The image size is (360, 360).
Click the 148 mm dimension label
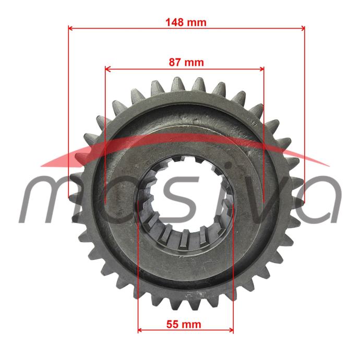pos(186,22)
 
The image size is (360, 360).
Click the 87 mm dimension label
pos(186,63)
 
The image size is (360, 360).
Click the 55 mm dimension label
pos(184,325)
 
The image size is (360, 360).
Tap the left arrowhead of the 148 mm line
pos(70,28)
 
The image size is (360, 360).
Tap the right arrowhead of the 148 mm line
pos(303,28)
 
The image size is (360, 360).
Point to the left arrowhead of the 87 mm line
pos(107,69)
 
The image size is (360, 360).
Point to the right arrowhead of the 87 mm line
pos(261,69)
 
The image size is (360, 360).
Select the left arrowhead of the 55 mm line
pos(140,330)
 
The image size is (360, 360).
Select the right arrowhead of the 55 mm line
pos(231,330)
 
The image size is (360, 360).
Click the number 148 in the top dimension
pos(175,22)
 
